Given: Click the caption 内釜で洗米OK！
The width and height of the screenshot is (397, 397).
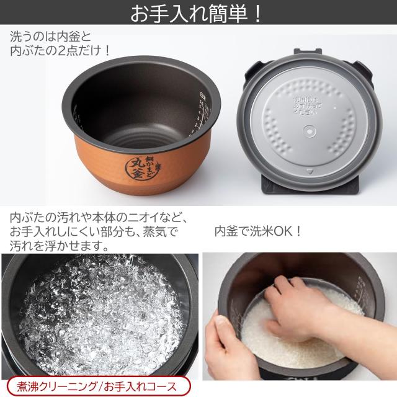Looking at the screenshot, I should tap(257, 231).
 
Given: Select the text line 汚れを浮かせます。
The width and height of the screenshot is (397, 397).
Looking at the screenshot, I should tap(60, 246).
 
